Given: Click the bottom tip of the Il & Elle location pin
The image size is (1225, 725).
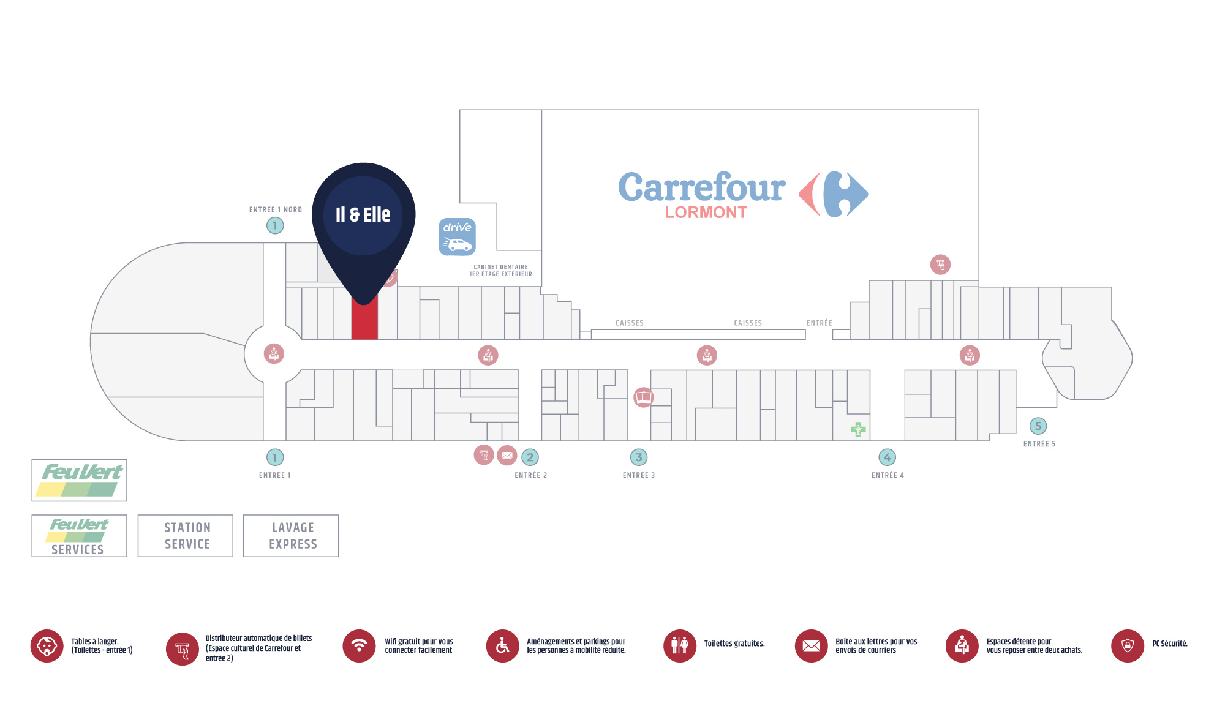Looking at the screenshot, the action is (364, 304).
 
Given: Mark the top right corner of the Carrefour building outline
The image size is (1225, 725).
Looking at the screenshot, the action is (979, 110).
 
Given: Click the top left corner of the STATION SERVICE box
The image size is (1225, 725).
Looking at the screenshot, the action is (138, 515).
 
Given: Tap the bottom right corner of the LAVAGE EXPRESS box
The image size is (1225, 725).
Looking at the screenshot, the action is (339, 557).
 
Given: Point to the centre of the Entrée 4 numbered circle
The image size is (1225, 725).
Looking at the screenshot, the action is (888, 457).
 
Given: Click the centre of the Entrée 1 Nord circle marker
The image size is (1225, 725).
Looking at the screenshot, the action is (275, 225).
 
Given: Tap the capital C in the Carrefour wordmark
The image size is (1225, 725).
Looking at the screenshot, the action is (636, 187).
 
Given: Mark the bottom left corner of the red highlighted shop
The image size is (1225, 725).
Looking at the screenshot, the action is (352, 339).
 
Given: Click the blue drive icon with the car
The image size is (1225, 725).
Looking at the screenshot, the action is (458, 236).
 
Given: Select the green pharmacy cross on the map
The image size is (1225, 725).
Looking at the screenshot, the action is (858, 429).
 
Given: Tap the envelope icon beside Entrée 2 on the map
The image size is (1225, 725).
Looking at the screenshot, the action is (507, 455).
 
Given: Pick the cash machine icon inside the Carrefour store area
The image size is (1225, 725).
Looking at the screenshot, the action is (940, 265).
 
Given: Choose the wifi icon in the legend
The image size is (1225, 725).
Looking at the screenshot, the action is (359, 646).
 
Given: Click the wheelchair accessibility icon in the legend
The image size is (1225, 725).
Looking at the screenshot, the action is (503, 646).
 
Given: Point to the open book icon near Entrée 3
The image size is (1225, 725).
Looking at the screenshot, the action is (644, 397).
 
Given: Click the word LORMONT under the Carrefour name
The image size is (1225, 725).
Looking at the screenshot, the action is (706, 212).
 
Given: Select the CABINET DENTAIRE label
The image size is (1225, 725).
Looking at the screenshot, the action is (501, 267).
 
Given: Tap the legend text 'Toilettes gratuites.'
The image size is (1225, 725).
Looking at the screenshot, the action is (734, 644).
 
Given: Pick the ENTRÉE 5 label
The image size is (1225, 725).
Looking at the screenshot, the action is (1039, 444).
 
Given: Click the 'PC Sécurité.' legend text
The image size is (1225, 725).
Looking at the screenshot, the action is (1170, 644).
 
